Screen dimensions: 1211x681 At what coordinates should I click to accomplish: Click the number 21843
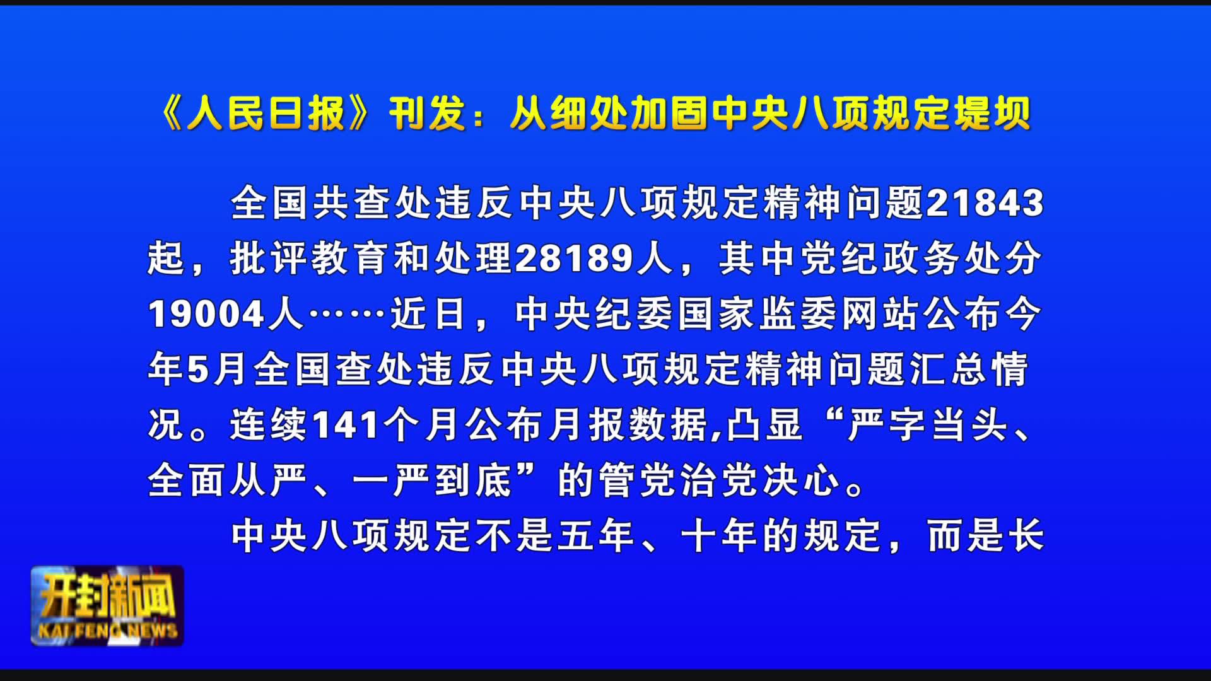click(985, 203)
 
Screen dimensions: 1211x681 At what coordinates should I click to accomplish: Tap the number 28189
click(575, 259)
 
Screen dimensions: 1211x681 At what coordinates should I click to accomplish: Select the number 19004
click(206, 314)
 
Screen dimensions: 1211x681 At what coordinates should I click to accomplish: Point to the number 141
click(346, 425)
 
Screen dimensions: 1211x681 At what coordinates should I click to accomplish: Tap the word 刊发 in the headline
click(428, 113)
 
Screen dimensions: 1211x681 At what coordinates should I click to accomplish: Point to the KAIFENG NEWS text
click(108, 631)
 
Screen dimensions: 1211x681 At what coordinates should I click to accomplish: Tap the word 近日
click(428, 314)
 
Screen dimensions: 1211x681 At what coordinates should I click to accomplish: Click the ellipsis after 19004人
click(346, 314)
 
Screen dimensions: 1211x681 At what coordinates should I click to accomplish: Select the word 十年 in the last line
click(720, 536)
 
